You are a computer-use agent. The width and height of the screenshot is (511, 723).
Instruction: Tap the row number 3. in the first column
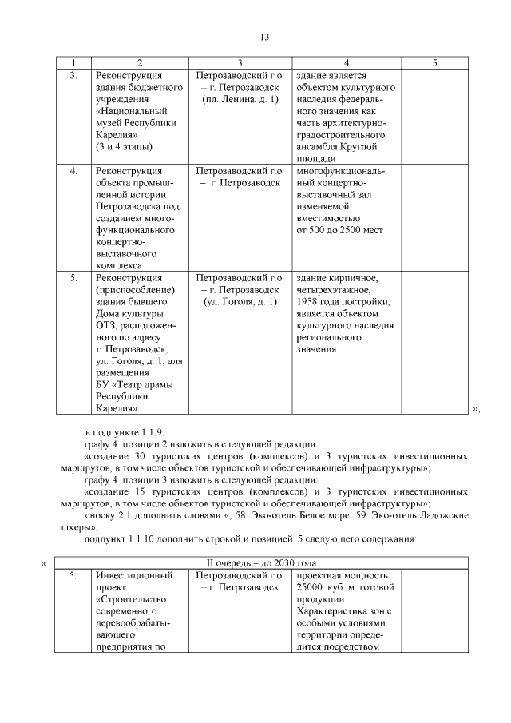(x=73, y=75)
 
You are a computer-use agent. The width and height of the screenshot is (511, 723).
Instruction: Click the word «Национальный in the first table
(x=132, y=111)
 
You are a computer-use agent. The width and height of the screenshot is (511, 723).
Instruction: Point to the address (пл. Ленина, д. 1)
(x=240, y=99)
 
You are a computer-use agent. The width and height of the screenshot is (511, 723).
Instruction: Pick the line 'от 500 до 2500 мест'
(x=339, y=230)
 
